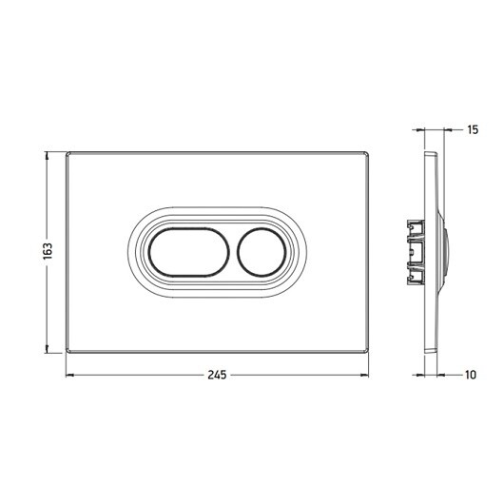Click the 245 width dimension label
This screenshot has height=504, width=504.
pyautogui.click(x=217, y=375)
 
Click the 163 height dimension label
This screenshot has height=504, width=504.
pyautogui.click(x=48, y=251)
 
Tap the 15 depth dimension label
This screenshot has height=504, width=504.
pyautogui.click(x=473, y=130)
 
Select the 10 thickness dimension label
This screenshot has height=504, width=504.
pyautogui.click(x=471, y=375)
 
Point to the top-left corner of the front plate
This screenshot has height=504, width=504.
pyautogui.click(x=67, y=152)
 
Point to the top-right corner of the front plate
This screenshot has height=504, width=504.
pyautogui.click(x=368, y=152)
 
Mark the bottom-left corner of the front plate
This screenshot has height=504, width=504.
pyautogui.click(x=67, y=353)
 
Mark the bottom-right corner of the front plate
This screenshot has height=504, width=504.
pyautogui.click(x=368, y=353)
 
